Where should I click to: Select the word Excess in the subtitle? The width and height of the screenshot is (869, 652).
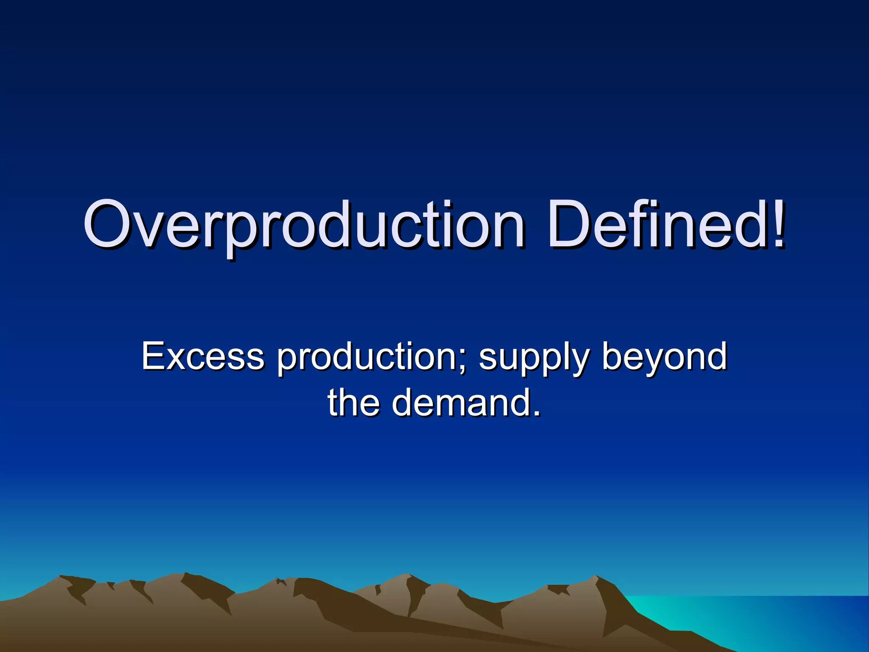(x=203, y=357)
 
